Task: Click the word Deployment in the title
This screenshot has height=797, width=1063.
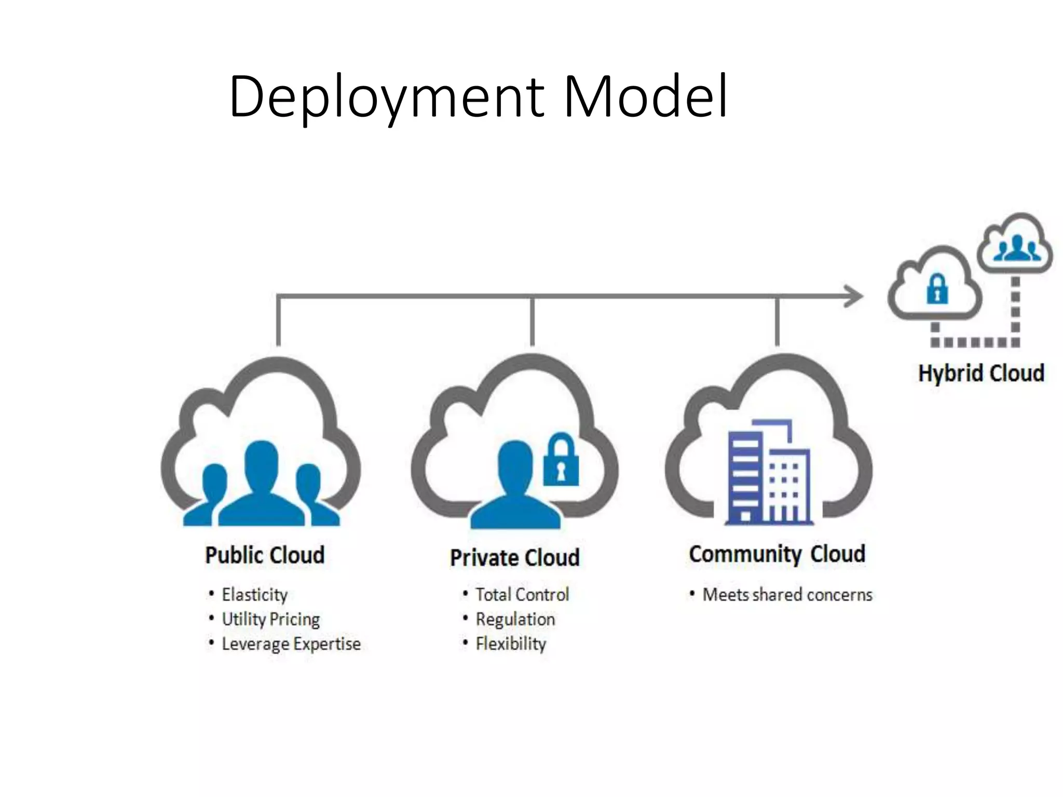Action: (387, 97)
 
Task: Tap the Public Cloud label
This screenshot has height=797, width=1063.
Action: (265, 555)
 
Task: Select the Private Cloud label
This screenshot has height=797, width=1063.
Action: (514, 558)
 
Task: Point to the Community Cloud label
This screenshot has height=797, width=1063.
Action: (777, 554)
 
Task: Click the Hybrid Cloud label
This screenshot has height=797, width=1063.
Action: (981, 373)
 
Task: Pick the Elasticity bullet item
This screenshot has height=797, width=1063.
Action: (254, 595)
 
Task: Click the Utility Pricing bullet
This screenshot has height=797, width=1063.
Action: (270, 619)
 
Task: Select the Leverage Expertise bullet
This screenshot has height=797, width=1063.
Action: (291, 644)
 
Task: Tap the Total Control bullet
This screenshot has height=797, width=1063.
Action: (522, 595)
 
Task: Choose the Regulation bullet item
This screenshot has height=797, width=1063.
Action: (515, 619)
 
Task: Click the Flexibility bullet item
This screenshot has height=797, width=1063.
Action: (511, 644)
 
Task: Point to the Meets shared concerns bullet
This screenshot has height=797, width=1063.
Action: (787, 595)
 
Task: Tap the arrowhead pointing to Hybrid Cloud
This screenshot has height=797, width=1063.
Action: (854, 297)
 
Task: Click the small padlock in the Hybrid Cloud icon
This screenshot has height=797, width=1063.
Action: (937, 289)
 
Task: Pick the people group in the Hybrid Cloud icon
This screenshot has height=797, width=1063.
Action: (1016, 248)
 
